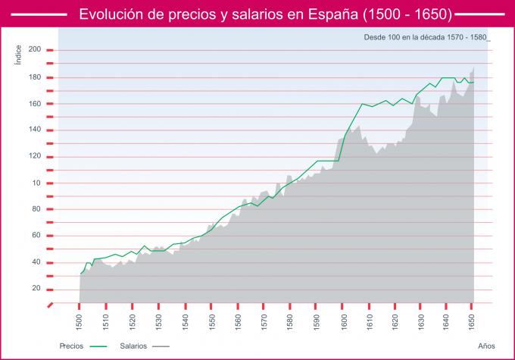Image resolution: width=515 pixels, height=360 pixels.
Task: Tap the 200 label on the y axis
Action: tap(34, 49)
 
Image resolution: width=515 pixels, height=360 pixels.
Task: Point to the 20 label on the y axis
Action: tap(36, 288)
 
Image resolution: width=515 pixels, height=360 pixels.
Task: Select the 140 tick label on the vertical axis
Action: tap(34, 130)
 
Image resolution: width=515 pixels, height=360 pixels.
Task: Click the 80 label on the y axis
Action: tap(36, 209)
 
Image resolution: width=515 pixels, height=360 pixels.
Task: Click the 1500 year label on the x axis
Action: tap(80, 321)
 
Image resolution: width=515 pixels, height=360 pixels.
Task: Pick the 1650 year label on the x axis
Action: tap(472, 321)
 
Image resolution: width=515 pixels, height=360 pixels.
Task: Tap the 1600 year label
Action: tap(342, 321)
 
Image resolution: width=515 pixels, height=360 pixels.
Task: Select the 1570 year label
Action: tap(263, 321)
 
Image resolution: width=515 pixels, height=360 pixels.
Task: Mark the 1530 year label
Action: tap(158, 321)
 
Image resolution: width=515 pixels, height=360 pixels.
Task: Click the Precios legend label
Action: tap(71, 345)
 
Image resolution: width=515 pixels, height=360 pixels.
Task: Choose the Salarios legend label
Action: tap(133, 345)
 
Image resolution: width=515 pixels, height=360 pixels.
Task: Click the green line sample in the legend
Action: tap(99, 346)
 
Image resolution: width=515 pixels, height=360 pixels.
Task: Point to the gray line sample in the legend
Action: tap(160, 346)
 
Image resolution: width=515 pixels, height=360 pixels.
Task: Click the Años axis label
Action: tap(486, 345)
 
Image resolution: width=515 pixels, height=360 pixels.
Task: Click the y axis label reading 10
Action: tap(36, 183)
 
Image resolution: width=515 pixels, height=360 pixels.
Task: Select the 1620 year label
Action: tap(394, 321)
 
